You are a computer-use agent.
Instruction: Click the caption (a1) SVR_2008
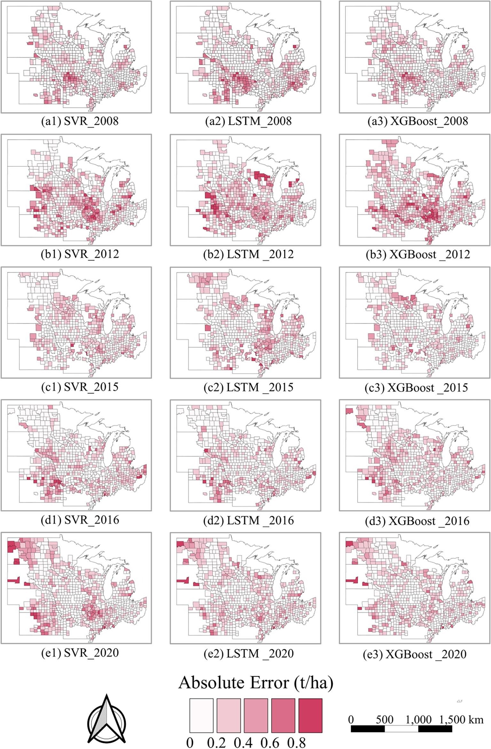click(80, 121)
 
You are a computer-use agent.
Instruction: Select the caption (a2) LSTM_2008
click(248, 121)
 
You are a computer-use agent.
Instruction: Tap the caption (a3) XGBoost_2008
click(416, 121)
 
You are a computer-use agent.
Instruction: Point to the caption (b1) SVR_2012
click(80, 254)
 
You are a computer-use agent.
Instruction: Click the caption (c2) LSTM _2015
click(249, 387)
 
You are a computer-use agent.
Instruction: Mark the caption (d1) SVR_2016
click(80, 520)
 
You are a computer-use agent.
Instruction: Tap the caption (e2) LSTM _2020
click(249, 653)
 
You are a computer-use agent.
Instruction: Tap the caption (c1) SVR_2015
click(80, 387)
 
